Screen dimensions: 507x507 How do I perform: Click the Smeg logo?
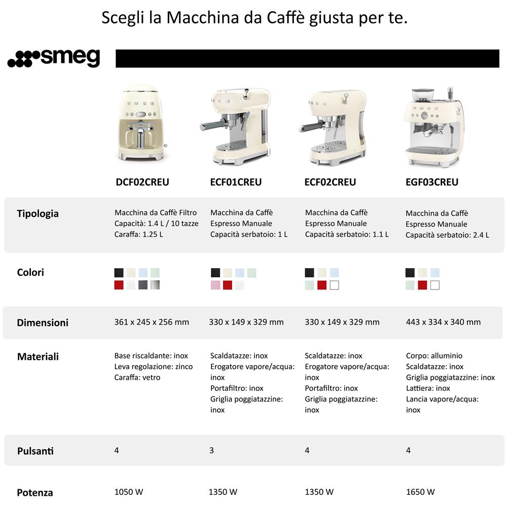tap(54, 58)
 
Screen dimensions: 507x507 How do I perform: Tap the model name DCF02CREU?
tap(142, 182)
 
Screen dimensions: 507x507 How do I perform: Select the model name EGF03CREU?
tap(432, 182)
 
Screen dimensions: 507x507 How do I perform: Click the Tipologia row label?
tap(38, 213)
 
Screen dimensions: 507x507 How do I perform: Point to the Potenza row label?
tap(35, 492)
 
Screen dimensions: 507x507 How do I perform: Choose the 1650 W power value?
tap(420, 492)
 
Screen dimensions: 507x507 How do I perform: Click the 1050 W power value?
tap(129, 492)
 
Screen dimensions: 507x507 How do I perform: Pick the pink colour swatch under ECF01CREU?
tap(215, 285)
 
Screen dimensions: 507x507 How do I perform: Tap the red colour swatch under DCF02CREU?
tap(119, 285)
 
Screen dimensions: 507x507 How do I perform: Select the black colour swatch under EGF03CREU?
tap(410, 273)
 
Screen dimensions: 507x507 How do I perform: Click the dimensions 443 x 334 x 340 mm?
tap(443, 322)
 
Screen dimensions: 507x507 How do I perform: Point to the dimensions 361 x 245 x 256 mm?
tap(152, 322)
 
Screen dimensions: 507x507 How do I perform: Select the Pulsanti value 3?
tap(211, 450)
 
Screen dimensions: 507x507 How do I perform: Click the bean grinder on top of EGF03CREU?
tap(422, 95)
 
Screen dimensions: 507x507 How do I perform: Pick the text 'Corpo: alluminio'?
tap(434, 356)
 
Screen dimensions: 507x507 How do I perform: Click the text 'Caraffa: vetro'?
tap(137, 377)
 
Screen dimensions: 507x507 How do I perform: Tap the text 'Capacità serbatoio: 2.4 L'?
tap(447, 235)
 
